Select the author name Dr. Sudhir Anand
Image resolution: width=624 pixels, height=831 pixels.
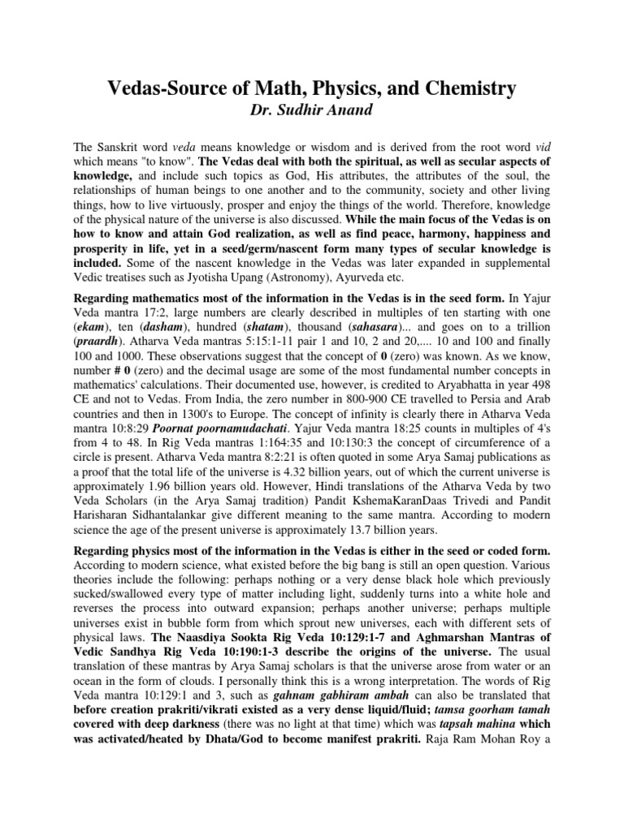311,110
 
